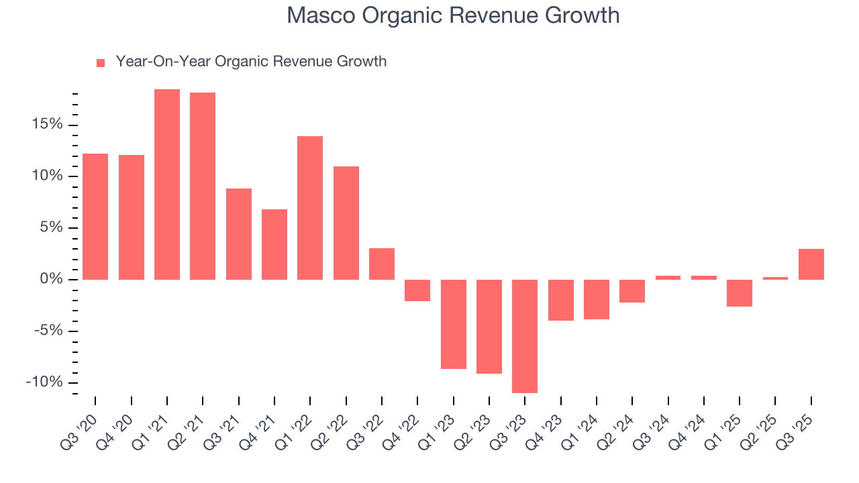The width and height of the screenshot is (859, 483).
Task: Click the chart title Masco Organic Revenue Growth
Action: (453, 15)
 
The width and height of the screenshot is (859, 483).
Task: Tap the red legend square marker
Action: (101, 62)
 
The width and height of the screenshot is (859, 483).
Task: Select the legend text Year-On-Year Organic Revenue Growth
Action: (251, 62)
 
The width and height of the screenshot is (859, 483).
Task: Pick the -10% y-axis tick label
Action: (44, 382)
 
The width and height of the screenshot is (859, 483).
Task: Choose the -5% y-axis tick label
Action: (48, 331)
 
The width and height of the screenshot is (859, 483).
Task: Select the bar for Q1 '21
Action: (167, 184)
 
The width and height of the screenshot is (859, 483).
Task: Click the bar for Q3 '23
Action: (525, 335)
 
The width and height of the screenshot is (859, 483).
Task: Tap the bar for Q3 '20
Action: (95, 216)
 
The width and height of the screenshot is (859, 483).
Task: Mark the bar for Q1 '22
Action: (310, 207)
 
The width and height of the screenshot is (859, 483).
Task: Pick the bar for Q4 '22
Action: (417, 290)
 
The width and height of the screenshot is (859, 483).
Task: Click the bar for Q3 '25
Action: (811, 264)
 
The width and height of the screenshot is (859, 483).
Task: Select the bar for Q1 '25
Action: (740, 292)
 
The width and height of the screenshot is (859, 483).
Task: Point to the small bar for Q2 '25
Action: (775, 278)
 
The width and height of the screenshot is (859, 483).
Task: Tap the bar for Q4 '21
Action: (274, 244)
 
